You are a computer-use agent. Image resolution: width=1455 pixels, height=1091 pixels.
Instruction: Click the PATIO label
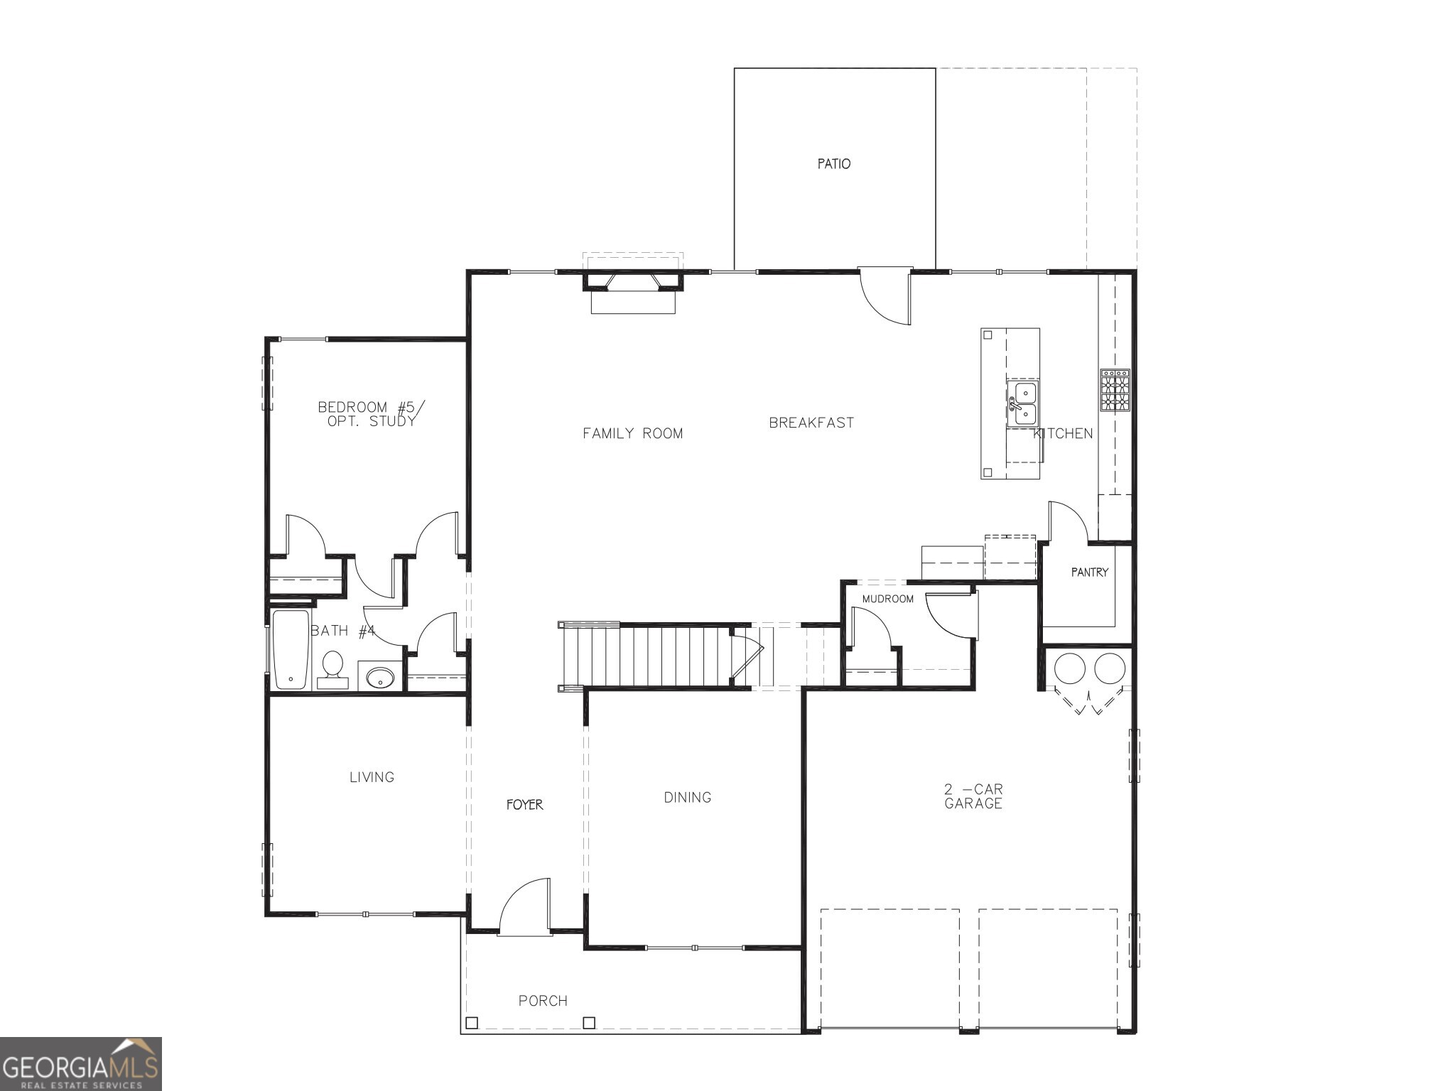point(833,164)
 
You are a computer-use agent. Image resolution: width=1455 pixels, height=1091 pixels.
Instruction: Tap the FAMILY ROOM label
point(632,433)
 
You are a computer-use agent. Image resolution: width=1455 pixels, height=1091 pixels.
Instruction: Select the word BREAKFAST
point(811,423)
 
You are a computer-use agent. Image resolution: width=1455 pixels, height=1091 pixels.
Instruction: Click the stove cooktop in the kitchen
point(1115,390)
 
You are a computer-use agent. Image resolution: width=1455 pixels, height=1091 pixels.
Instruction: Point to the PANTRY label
point(1089,572)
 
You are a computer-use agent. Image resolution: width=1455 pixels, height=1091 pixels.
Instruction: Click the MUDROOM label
point(887,599)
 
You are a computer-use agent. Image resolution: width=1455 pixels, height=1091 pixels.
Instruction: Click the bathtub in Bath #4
point(291,649)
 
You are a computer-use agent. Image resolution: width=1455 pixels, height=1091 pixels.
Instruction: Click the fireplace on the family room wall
point(632,291)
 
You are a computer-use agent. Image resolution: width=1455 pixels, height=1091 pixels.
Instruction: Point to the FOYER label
point(524,805)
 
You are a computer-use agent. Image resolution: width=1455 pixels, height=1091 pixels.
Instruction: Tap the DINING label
point(687,798)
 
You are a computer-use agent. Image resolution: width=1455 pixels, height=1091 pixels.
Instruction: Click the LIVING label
point(372,777)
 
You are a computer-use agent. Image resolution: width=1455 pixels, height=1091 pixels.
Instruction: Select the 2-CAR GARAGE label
point(973,796)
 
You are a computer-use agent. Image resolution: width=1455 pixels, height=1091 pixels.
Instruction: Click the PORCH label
point(543,1001)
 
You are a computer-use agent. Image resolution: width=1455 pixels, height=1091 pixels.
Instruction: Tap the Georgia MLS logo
point(80,1063)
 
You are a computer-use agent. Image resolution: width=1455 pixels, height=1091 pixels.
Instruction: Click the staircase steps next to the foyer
point(654,656)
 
